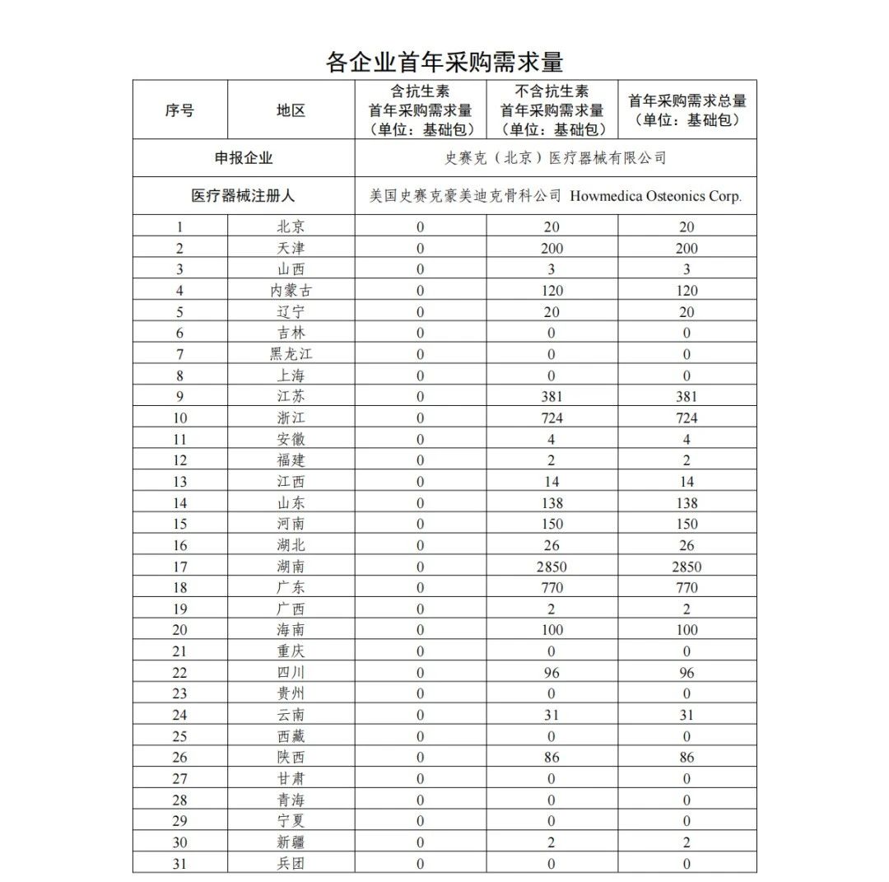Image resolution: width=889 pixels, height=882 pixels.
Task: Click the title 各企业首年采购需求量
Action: [x=444, y=62]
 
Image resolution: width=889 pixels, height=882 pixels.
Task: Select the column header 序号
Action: [x=179, y=110]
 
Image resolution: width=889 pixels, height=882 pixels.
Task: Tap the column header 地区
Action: [x=291, y=110]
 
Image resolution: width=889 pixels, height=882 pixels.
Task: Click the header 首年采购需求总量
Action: [x=687, y=110]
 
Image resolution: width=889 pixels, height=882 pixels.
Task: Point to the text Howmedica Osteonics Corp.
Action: [x=655, y=196]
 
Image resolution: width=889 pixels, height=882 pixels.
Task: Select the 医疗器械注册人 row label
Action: [x=244, y=196]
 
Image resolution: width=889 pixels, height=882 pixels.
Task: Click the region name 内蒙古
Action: [x=291, y=291]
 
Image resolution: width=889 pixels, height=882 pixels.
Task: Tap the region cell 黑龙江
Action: [x=291, y=354]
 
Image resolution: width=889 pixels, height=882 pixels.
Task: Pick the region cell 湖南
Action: [x=291, y=567]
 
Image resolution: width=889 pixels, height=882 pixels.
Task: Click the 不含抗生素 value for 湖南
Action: [x=552, y=567]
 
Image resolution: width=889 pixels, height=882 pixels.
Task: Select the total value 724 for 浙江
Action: [x=687, y=418]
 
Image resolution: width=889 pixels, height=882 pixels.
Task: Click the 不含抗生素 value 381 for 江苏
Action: [x=552, y=397]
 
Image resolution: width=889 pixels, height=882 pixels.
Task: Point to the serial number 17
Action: [x=179, y=567]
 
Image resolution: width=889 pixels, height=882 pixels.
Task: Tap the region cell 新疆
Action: [x=291, y=842]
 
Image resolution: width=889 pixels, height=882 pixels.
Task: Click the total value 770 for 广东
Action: [x=687, y=588]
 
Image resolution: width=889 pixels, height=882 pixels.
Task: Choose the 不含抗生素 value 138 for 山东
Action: [x=552, y=503]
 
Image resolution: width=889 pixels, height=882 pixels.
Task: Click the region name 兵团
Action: [x=291, y=864]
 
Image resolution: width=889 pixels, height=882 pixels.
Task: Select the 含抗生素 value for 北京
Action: [x=421, y=227]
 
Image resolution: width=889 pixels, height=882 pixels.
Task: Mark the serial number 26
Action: [x=179, y=758]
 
